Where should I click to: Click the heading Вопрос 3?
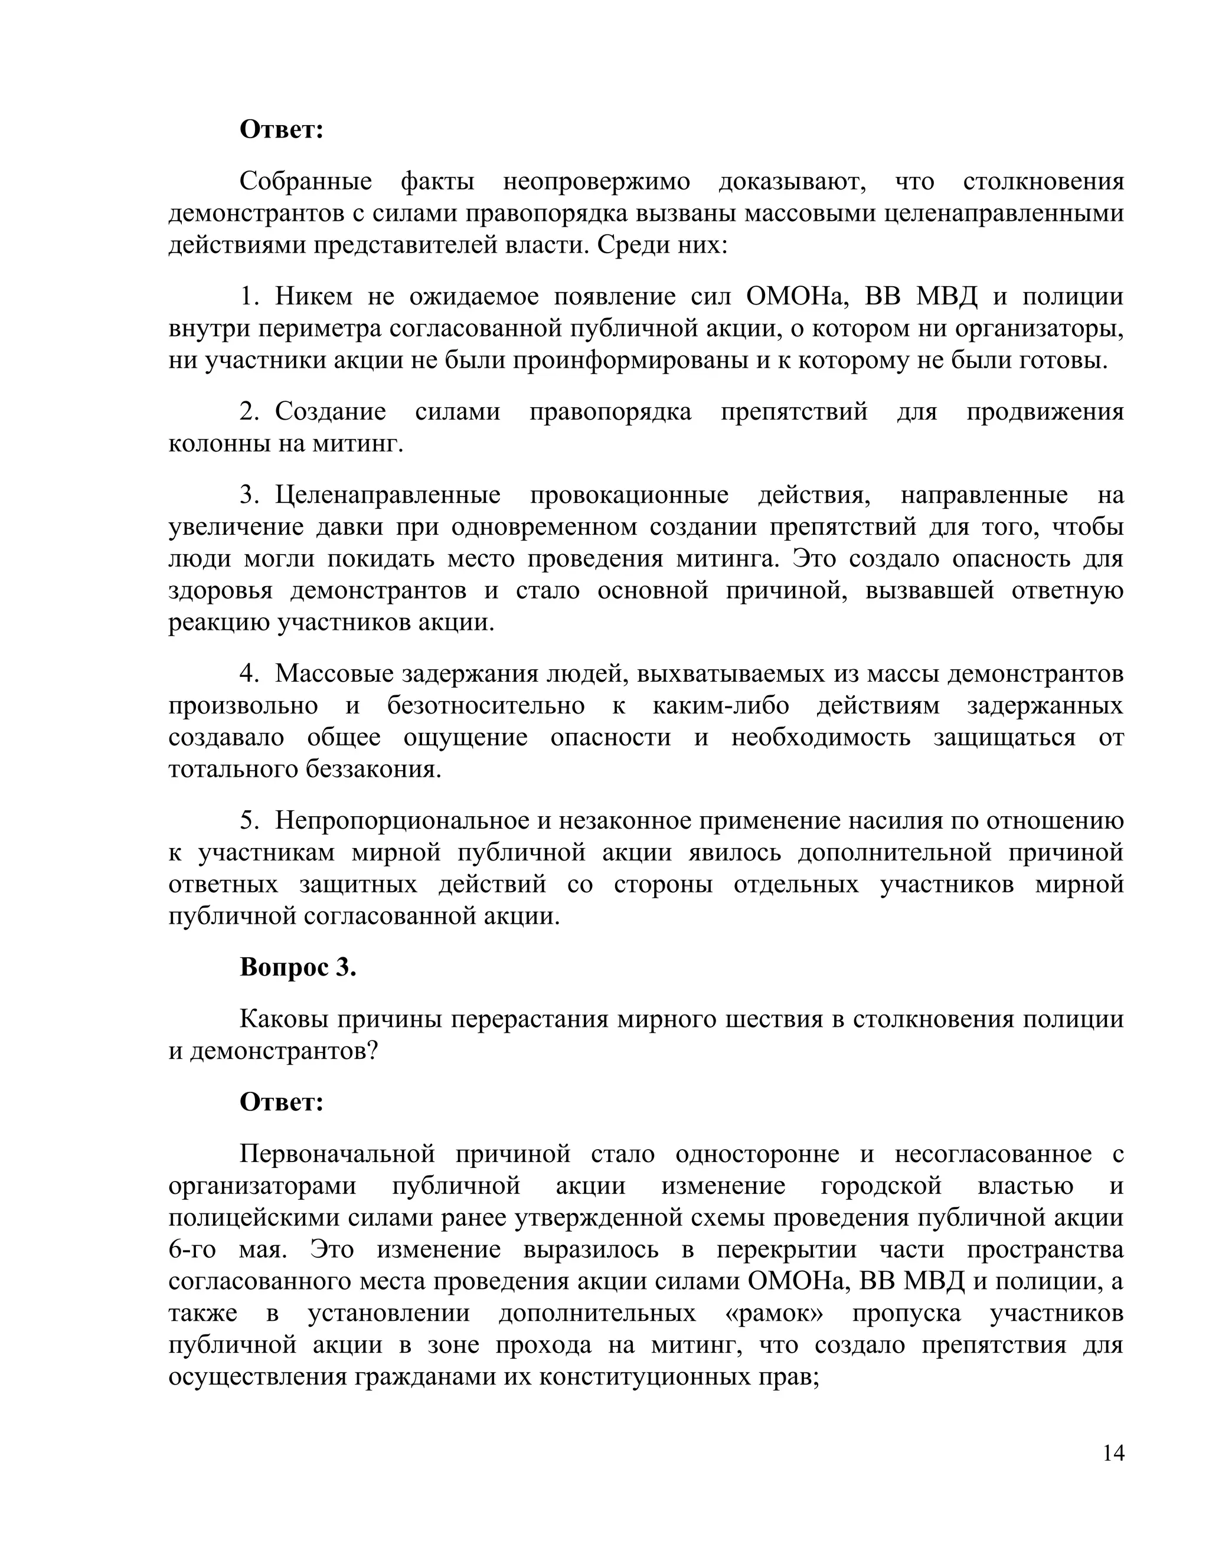tap(298, 967)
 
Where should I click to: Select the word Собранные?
tap(306, 181)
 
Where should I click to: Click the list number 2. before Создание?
tap(249, 412)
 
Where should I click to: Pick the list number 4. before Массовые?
tap(249, 674)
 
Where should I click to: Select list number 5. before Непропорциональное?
tap(249, 821)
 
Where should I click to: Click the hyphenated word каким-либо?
tap(721, 705)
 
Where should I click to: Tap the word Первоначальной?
tap(337, 1154)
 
